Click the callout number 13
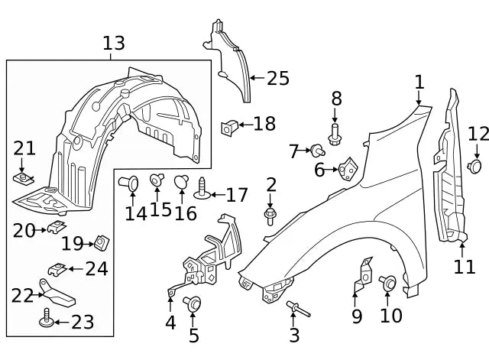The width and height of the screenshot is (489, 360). point(113,44)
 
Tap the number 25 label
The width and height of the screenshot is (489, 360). point(278,77)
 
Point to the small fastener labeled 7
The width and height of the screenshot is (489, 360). point(316,150)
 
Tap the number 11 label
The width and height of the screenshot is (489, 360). point(464,267)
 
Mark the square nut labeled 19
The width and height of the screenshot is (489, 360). point(99,243)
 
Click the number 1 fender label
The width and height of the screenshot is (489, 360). point(419,82)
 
